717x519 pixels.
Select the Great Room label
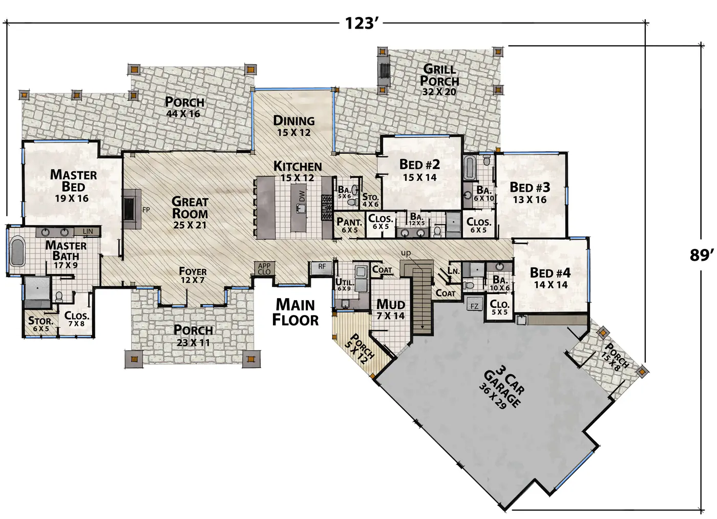coord(190,208)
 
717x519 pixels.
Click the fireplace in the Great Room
coord(131,209)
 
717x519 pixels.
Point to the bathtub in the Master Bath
coord(18,252)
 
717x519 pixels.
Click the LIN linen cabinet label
coord(88,231)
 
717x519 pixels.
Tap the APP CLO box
coord(264,268)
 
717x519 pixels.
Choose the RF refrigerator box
coord(321,267)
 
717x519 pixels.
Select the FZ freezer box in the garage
coord(474,306)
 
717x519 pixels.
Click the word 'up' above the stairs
coord(406,253)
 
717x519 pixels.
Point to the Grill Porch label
coord(439,75)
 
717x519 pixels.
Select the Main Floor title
coord(295,312)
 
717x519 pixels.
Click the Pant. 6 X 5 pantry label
coord(349,225)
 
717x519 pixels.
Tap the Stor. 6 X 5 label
coord(40,324)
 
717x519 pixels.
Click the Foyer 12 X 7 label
coord(193,275)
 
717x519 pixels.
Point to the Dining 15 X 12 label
coord(294,126)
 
